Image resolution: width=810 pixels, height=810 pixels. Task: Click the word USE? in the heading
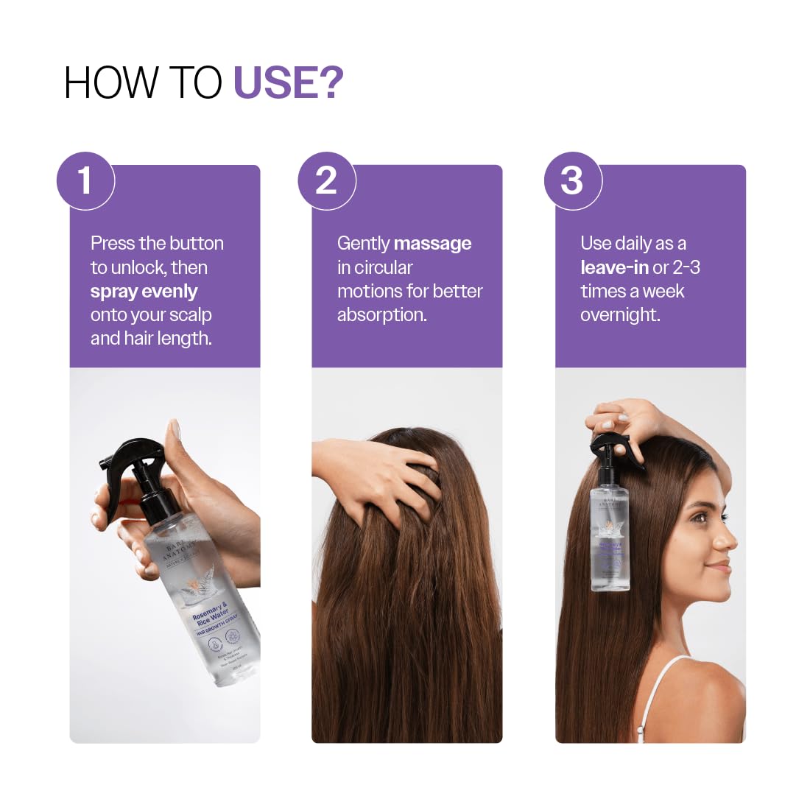click(288, 82)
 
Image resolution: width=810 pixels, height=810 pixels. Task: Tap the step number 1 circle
click(85, 180)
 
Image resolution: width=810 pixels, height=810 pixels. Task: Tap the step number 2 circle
click(326, 180)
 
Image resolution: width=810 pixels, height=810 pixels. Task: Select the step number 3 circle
click(572, 180)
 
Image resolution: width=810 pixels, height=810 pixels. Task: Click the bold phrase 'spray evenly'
click(144, 291)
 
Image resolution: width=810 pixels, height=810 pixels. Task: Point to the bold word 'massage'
click(432, 243)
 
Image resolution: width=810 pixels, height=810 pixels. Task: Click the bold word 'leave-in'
click(613, 267)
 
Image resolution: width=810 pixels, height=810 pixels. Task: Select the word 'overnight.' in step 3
click(620, 314)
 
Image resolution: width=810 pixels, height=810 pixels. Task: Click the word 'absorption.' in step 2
click(381, 314)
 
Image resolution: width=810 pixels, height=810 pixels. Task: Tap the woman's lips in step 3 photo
click(725, 568)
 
